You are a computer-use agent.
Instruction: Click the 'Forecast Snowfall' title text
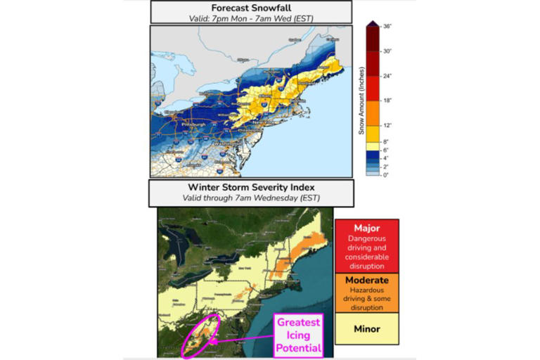[x=250, y=8]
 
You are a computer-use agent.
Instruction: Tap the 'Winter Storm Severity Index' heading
[x=250, y=187]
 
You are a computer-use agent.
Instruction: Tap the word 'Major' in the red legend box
[x=366, y=228]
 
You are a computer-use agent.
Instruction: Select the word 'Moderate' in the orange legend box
[x=366, y=280]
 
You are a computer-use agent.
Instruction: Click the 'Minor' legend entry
[x=366, y=328]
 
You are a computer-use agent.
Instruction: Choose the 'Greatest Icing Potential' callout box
[x=298, y=335]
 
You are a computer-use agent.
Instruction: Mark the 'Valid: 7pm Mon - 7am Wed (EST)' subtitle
[x=250, y=18]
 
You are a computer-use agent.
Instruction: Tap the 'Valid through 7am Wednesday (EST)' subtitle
[x=250, y=198]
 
